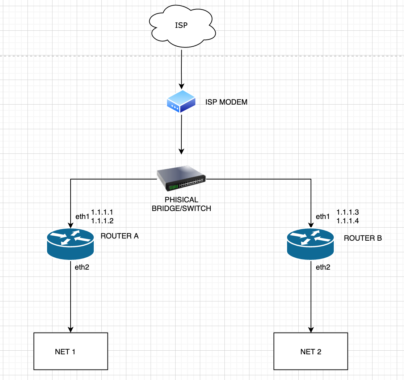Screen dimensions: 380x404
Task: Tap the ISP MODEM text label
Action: click(226, 102)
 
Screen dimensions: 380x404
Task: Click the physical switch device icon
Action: click(181, 178)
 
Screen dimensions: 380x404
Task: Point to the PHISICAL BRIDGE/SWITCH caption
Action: click(181, 204)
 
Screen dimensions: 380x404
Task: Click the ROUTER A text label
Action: click(119, 236)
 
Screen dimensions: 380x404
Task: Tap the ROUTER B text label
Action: click(363, 238)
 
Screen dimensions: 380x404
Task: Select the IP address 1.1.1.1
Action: click(102, 212)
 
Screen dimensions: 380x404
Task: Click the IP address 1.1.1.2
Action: click(102, 221)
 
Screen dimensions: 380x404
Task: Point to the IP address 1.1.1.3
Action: click(348, 212)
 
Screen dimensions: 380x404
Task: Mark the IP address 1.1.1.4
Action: click(348, 221)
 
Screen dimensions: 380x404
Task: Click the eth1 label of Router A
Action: click(82, 217)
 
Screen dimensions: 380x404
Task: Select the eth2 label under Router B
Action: click(323, 267)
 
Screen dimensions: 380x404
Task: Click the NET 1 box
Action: click(71, 351)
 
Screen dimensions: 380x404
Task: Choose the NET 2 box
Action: click(311, 351)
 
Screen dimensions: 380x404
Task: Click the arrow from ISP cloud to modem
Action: click(181, 69)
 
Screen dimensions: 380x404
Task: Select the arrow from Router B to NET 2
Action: click(311, 300)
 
